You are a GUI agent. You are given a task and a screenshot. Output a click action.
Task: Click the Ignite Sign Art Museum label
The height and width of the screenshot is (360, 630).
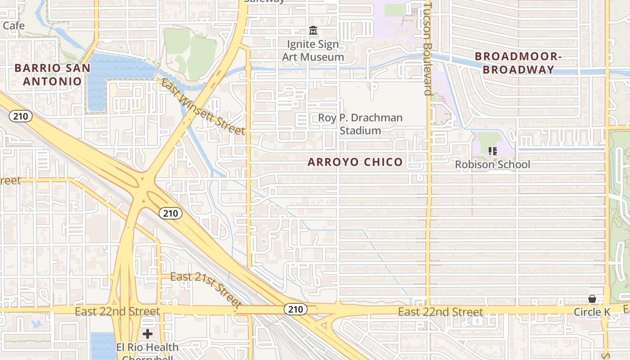coord(313,51)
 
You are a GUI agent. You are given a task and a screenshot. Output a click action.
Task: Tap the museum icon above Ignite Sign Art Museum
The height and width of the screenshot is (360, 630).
coord(313,31)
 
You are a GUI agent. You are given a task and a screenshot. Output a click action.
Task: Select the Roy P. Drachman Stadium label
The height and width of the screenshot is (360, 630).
coord(360,124)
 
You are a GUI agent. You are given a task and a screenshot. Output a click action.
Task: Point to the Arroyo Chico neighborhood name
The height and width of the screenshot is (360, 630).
coord(355,162)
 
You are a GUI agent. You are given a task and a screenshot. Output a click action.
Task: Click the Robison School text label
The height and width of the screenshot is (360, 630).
coord(492,165)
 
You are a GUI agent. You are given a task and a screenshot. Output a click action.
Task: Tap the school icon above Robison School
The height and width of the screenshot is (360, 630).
coord(492,151)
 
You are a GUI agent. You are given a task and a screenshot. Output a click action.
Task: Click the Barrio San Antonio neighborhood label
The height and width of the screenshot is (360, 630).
coord(52,75)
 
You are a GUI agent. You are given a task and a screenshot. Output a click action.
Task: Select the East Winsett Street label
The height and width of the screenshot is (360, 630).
coord(203,107)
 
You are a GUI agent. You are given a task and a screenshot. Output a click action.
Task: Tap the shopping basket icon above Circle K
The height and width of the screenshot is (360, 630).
coord(592,299)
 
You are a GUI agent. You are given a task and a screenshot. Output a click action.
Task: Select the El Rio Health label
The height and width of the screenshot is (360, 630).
coord(147,347)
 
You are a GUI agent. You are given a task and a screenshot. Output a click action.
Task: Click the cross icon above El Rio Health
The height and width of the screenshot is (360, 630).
coord(148,334)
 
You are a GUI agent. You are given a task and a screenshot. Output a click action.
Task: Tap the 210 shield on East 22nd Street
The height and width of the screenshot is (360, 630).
coord(296,309)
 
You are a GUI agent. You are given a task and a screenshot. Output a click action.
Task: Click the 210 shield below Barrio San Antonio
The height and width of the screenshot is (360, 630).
coord(20,117)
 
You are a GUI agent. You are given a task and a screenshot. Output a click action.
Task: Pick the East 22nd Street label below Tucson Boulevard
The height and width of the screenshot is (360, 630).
coord(441,312)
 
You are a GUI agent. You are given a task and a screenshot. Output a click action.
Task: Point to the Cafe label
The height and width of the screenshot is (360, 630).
coord(13,26)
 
